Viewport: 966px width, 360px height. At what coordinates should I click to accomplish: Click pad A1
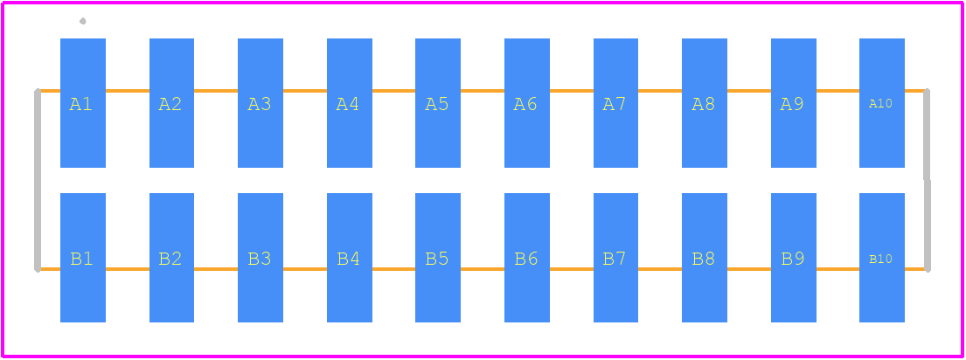click(x=82, y=103)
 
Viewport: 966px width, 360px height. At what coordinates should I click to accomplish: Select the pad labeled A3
click(x=261, y=103)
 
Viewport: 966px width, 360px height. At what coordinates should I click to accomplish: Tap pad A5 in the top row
click(x=437, y=103)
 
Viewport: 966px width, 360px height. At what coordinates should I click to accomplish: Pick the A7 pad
click(x=615, y=103)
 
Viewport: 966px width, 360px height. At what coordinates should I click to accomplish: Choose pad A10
click(x=882, y=103)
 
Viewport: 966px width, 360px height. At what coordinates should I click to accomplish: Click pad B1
click(x=82, y=258)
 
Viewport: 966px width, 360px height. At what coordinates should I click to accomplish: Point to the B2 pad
click(x=172, y=258)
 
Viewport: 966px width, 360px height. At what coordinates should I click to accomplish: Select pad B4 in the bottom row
click(x=350, y=258)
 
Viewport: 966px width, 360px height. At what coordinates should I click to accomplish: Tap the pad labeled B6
click(x=527, y=258)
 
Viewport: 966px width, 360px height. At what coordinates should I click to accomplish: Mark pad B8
click(x=704, y=258)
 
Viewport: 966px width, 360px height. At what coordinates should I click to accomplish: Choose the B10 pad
click(x=882, y=258)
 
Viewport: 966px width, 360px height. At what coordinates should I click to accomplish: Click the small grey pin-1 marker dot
click(x=82, y=21)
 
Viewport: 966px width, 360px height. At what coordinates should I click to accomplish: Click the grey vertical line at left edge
click(x=38, y=180)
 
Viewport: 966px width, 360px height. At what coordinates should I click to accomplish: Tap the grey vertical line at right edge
click(x=928, y=180)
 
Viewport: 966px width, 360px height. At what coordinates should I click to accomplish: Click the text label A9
click(x=792, y=105)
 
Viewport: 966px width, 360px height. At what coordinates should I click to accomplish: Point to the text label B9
click(x=793, y=259)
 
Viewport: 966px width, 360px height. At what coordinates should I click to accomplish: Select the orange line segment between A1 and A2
click(x=128, y=91)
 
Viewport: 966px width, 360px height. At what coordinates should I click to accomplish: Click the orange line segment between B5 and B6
click(x=483, y=269)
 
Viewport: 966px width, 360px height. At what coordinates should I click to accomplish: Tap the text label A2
click(x=170, y=105)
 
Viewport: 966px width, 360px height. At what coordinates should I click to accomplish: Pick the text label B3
click(x=260, y=259)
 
